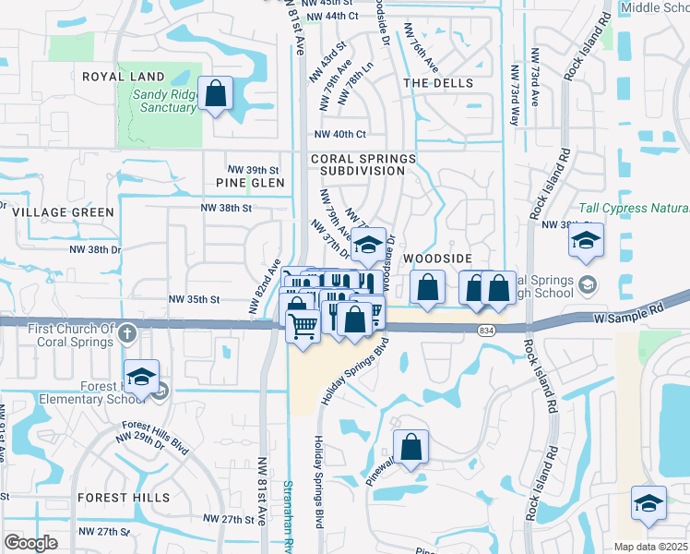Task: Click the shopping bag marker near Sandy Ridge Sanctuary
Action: pos(215,93)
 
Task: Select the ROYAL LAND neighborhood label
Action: pos(123,77)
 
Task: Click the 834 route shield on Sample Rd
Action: pos(484,330)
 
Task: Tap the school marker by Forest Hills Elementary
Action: pos(141,378)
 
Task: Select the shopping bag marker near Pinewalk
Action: pos(411,447)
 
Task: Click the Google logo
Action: pos(30,543)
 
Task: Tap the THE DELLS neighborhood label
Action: pos(438,83)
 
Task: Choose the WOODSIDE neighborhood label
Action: pos(438,259)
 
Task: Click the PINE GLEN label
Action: pos(256,183)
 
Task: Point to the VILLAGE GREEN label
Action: pos(64,212)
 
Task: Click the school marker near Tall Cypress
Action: pos(586,241)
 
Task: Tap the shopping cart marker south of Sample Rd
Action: pos(303,326)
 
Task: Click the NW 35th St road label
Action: pos(194,299)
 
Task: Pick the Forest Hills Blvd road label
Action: pos(155,437)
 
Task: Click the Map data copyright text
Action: pos(650,547)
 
